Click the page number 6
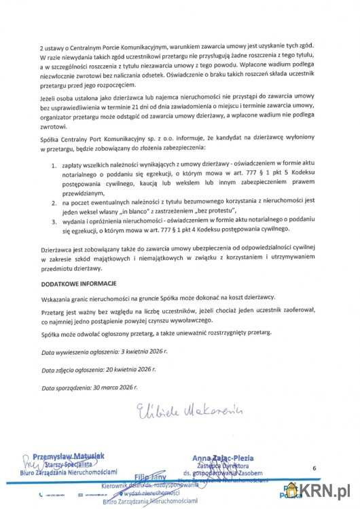(314, 468)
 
